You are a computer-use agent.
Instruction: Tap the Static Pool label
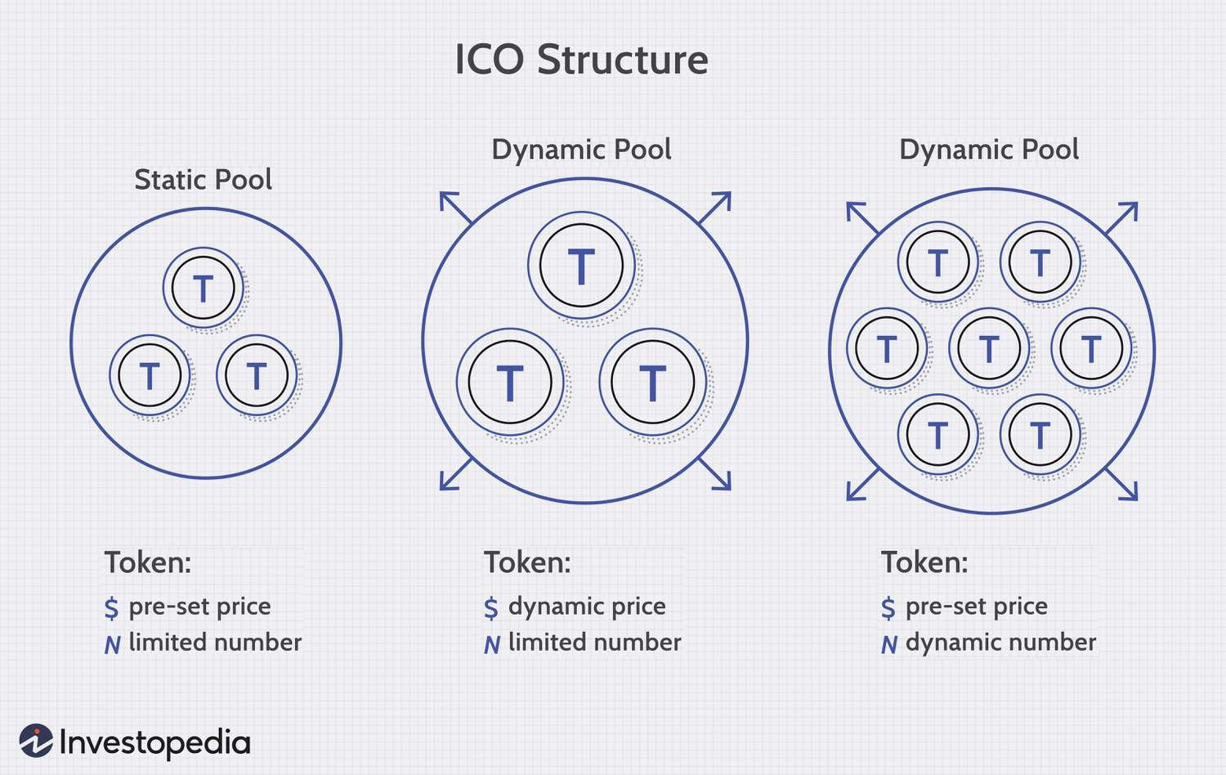pyautogui.click(x=203, y=180)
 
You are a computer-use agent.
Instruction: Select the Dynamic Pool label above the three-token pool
pyautogui.click(x=581, y=150)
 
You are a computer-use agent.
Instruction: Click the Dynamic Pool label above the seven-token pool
pyautogui.click(x=989, y=150)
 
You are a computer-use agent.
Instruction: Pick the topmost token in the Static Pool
pyautogui.click(x=204, y=288)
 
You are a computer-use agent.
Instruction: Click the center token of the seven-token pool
pyautogui.click(x=989, y=348)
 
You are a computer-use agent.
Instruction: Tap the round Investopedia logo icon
pyautogui.click(x=36, y=741)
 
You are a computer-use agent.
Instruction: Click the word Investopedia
pyautogui.click(x=155, y=743)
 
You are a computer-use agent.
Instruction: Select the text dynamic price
pyautogui.click(x=587, y=607)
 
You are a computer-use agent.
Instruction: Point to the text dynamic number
pyautogui.click(x=1001, y=643)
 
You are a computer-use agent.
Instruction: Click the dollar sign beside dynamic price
pyautogui.click(x=491, y=607)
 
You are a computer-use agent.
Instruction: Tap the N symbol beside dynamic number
pyautogui.click(x=889, y=645)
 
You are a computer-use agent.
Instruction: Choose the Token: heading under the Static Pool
pyautogui.click(x=148, y=562)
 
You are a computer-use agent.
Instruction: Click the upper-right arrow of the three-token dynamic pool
pyautogui.click(x=715, y=208)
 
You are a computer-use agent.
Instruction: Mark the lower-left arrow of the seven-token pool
pyautogui.click(x=863, y=484)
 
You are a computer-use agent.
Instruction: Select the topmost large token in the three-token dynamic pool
pyautogui.click(x=581, y=266)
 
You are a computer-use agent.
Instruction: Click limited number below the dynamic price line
pyautogui.click(x=595, y=643)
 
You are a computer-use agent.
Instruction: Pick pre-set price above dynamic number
pyautogui.click(x=977, y=607)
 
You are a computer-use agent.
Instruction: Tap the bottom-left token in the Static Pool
pyautogui.click(x=150, y=375)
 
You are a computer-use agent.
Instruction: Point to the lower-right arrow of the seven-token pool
pyautogui.click(x=1121, y=484)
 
